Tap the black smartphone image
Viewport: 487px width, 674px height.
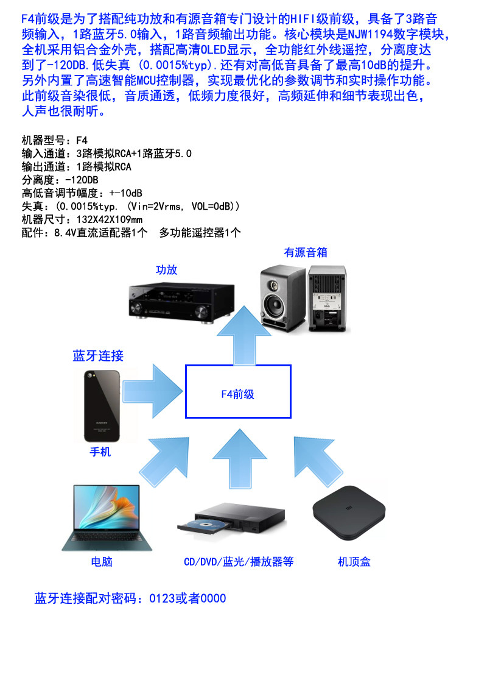point(102,406)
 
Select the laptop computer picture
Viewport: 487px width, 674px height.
point(107,517)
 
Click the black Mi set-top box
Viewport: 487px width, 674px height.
point(349,513)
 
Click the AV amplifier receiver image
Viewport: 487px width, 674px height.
point(181,302)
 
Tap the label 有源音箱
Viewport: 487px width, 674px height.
point(306,252)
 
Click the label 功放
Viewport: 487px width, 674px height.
point(166,270)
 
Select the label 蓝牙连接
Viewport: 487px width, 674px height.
point(98,355)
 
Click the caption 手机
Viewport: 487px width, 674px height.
point(100,452)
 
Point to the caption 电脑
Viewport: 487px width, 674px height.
point(101,561)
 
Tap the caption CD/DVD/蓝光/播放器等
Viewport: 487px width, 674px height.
point(239,561)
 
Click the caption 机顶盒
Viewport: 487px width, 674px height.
point(354,561)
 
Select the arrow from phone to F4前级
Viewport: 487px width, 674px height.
point(152,391)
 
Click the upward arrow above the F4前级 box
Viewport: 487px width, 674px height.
point(243,336)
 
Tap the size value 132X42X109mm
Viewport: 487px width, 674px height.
point(110,219)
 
